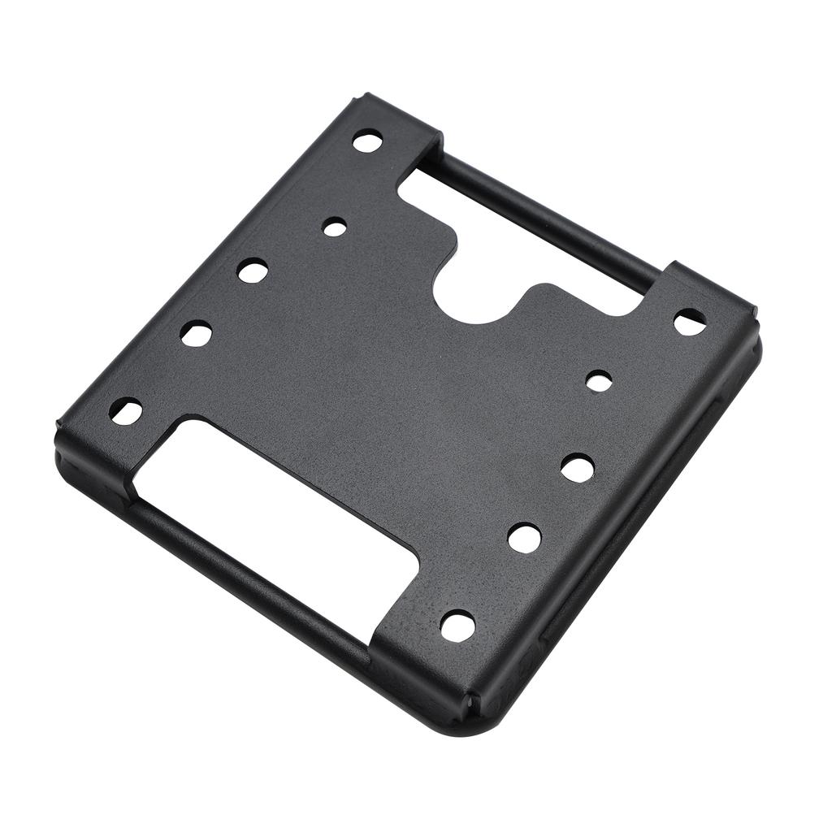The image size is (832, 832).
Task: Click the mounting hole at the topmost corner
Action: click(367, 141)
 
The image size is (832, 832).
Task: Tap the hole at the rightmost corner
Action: click(689, 321)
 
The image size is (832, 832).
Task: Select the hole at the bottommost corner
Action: click(457, 626)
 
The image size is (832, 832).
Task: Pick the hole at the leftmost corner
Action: click(126, 411)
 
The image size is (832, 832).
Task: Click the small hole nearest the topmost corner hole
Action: click(334, 227)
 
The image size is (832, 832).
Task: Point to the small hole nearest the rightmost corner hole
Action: click(599, 380)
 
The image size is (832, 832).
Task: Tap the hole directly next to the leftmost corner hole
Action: click(196, 333)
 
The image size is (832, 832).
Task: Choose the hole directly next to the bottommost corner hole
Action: click(524, 537)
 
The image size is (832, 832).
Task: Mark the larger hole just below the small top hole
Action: click(253, 270)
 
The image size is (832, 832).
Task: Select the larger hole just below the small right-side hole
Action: click(577, 467)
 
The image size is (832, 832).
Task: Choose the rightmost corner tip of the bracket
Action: click(757, 325)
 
